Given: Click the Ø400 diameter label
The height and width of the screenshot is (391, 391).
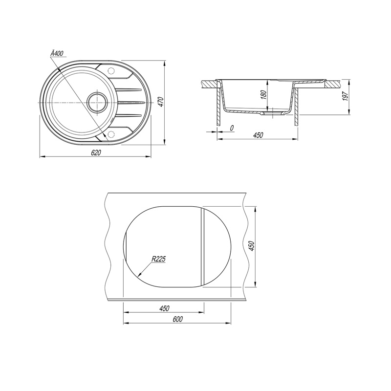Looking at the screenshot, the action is tap(57, 53).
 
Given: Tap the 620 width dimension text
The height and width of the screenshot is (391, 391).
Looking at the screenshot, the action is tap(96, 152).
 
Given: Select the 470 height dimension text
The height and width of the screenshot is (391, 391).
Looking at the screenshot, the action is tap(160, 102).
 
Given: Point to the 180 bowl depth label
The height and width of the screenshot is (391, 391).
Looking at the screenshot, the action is tap(263, 95).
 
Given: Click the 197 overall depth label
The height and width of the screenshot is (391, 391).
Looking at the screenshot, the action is tap(345, 96).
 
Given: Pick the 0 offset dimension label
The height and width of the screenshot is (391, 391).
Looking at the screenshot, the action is tap(232, 128).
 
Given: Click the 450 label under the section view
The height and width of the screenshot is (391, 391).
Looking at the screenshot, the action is tap(258, 135).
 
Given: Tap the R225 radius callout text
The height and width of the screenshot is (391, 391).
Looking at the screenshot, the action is tap(158, 259).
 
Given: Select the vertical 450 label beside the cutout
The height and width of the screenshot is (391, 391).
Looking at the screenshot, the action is tap(252, 246).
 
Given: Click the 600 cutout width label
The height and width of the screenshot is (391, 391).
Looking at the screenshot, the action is tap(177, 319).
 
